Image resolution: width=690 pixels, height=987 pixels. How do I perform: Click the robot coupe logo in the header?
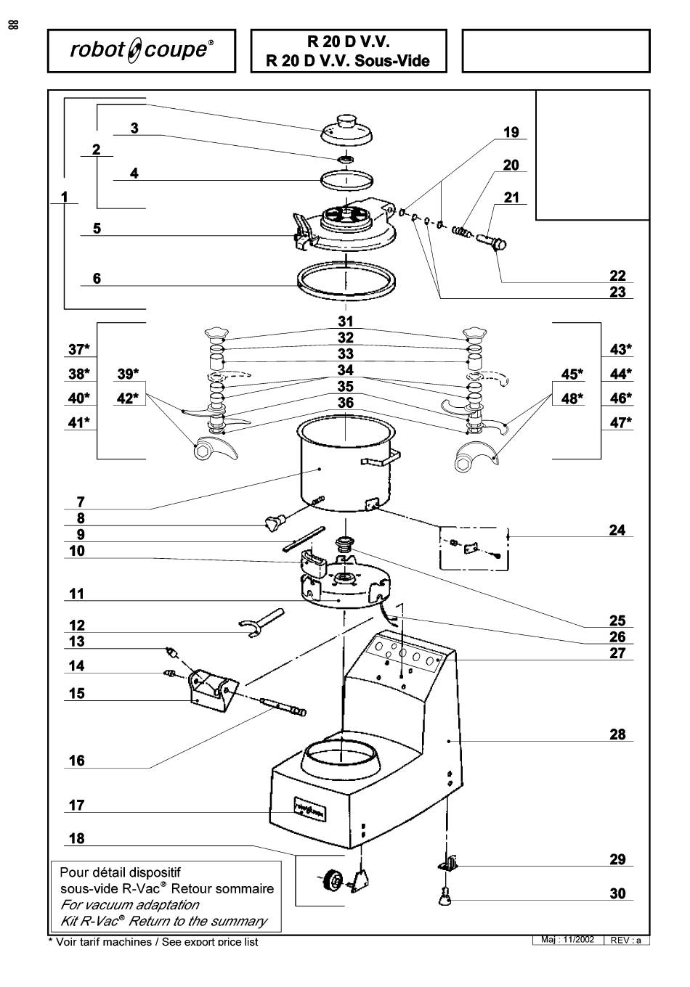click(x=142, y=51)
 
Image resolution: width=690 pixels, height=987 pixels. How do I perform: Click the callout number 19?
click(x=511, y=132)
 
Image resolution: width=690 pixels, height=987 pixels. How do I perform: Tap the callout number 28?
click(x=617, y=734)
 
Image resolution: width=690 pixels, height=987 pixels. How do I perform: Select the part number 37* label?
click(x=79, y=349)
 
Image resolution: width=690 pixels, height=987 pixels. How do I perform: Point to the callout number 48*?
click(x=572, y=398)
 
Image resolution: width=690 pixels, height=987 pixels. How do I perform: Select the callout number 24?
click(x=617, y=530)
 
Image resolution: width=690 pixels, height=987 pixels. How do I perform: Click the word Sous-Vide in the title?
click(x=392, y=60)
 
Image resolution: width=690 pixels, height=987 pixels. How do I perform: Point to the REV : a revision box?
click(x=625, y=940)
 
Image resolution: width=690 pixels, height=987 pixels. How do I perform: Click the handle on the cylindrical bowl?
click(x=380, y=458)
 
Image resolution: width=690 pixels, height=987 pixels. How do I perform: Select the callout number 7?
click(x=81, y=502)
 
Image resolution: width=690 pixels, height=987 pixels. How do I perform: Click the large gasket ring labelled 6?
click(x=346, y=280)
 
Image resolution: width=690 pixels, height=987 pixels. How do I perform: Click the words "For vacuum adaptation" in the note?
click(x=129, y=904)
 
